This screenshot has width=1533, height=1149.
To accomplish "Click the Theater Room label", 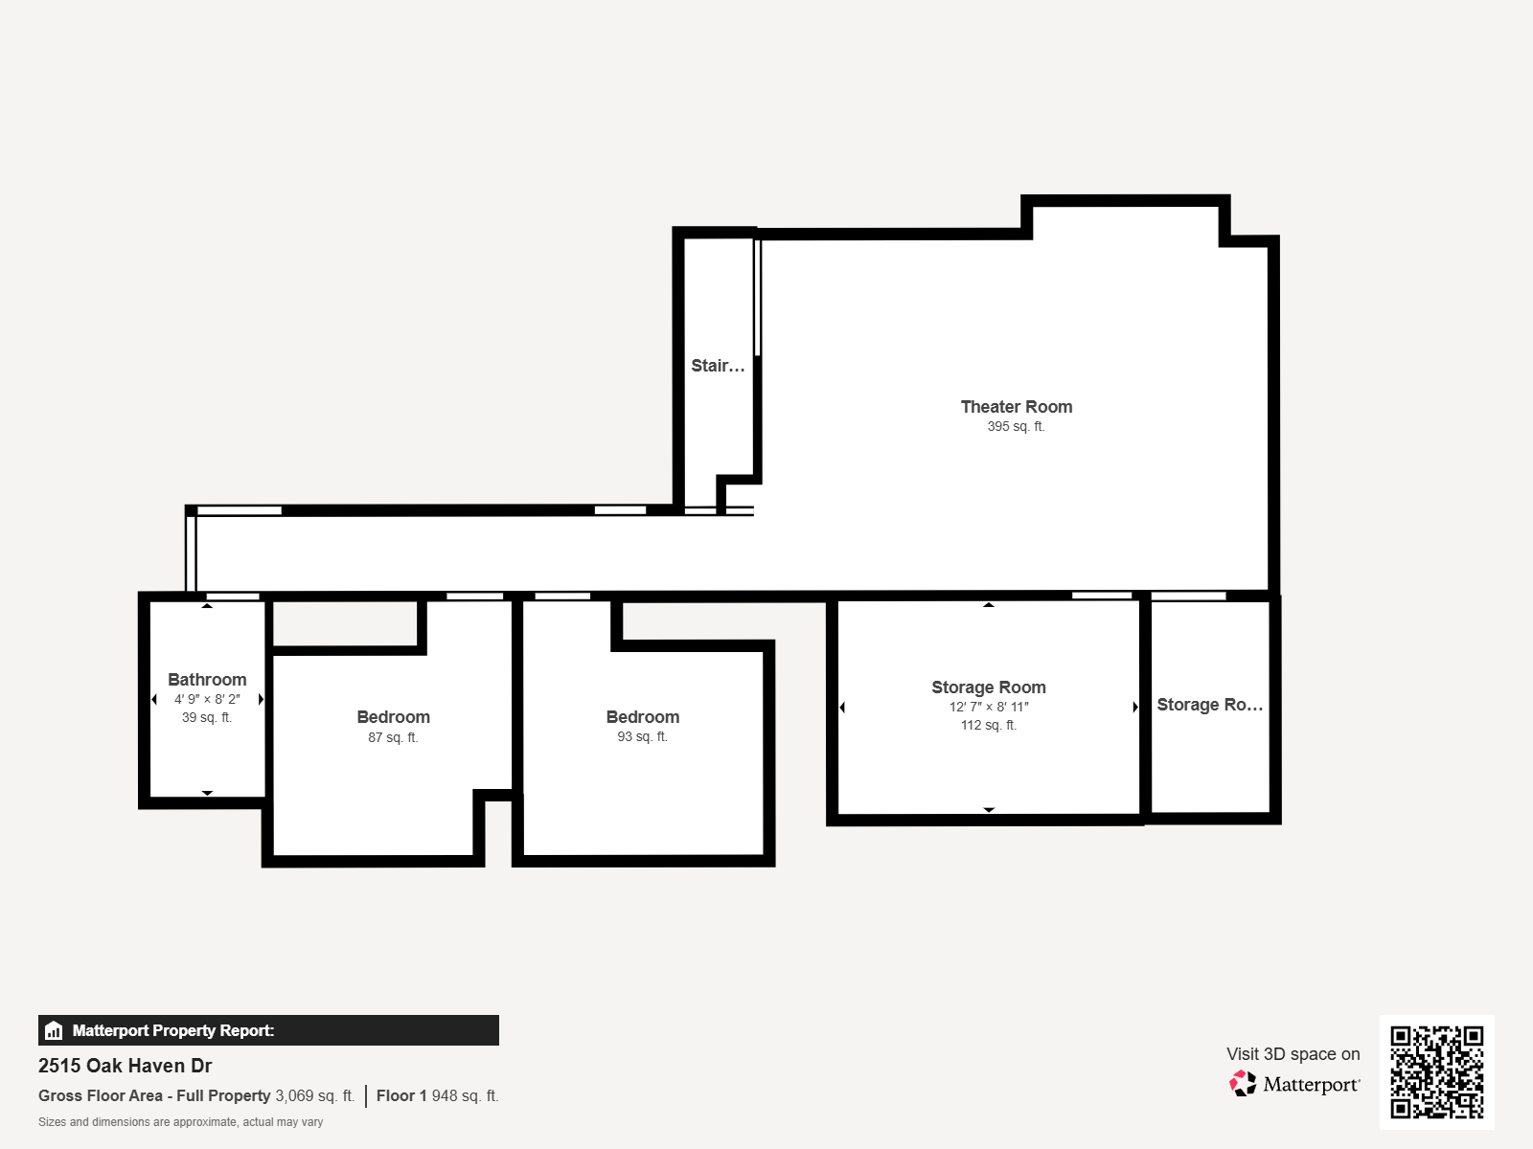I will (x=1016, y=407).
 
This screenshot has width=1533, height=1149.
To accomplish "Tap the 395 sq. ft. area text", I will (x=1016, y=427).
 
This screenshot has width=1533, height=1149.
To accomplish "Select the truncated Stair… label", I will (x=718, y=366).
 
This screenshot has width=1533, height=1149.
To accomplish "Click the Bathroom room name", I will (x=207, y=680).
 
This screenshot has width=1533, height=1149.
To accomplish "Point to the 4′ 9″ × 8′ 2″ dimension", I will (x=207, y=700).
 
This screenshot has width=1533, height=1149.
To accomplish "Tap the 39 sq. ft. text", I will (x=207, y=718).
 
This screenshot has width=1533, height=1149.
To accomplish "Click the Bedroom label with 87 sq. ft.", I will (x=393, y=717).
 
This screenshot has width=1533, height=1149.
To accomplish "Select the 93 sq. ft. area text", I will (x=642, y=737).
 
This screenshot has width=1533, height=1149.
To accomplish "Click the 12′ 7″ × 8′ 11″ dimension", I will (x=989, y=708).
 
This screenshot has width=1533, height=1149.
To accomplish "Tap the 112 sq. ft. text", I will (x=989, y=726).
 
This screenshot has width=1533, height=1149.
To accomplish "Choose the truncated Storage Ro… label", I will (x=1209, y=705).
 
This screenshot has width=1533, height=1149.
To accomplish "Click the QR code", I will (x=1436, y=1071).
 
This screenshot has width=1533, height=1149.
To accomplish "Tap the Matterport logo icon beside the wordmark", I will (x=1243, y=1084).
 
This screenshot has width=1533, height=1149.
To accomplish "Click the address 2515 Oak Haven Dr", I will (x=125, y=1066).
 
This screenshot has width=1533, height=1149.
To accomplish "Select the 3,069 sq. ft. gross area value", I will (x=314, y=1096).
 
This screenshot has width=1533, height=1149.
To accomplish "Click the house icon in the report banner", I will (x=54, y=1031).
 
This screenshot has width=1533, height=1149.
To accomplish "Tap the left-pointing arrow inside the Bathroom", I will (x=154, y=700).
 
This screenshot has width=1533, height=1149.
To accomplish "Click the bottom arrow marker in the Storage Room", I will (x=989, y=810).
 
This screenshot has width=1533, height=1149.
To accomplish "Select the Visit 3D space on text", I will (x=1293, y=1054).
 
